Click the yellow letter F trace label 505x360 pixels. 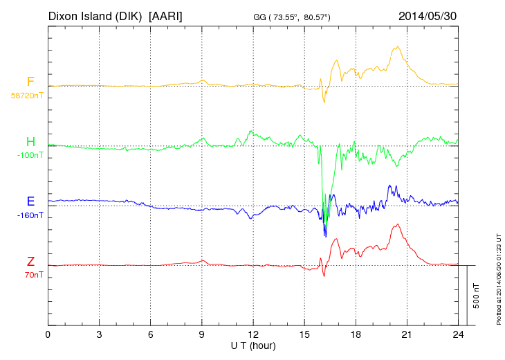[30, 82]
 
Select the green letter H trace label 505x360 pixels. [30, 142]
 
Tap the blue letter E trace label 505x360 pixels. [30, 201]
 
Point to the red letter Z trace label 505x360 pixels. [30, 261]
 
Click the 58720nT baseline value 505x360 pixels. [26, 96]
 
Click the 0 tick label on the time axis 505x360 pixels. [48, 335]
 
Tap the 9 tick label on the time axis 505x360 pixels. [202, 335]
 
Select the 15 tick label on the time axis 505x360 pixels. [304, 335]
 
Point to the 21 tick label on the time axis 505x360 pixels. [407, 335]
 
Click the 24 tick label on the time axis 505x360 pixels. [458, 335]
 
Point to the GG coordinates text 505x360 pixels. [291, 16]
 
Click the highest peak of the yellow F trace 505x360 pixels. [397, 47]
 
